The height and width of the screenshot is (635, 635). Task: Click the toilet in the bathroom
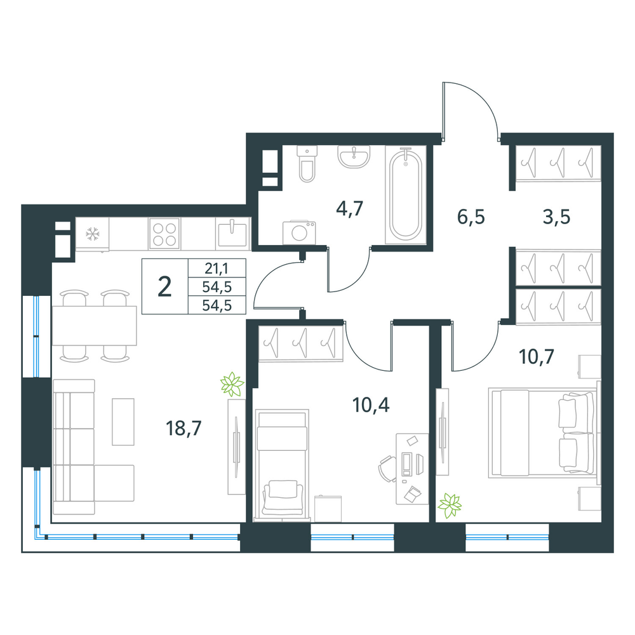click(307, 164)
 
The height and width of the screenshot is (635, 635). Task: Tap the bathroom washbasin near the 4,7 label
click(354, 157)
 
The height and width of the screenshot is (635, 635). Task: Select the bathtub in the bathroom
click(405, 195)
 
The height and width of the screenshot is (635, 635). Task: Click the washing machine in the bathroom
click(299, 232)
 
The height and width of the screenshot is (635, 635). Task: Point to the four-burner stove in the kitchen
click(164, 234)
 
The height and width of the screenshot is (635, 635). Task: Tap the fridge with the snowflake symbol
click(92, 234)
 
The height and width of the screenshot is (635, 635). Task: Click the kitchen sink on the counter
click(232, 233)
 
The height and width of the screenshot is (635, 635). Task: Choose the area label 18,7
click(184, 428)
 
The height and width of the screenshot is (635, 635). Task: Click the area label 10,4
click(371, 404)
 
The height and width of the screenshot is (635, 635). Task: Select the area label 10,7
click(536, 357)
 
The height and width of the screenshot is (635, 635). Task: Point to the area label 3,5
click(556, 217)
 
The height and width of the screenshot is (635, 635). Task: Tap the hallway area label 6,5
click(471, 217)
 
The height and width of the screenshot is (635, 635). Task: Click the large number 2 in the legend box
click(164, 287)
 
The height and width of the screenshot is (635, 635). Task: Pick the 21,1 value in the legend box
click(217, 268)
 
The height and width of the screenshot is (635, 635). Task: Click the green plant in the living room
click(232, 384)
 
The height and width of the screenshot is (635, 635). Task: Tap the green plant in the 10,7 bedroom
click(450, 506)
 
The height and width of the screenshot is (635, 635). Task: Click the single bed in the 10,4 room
click(282, 465)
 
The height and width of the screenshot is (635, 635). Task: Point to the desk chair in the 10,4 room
click(387, 469)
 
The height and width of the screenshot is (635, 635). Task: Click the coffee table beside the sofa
click(123, 422)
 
